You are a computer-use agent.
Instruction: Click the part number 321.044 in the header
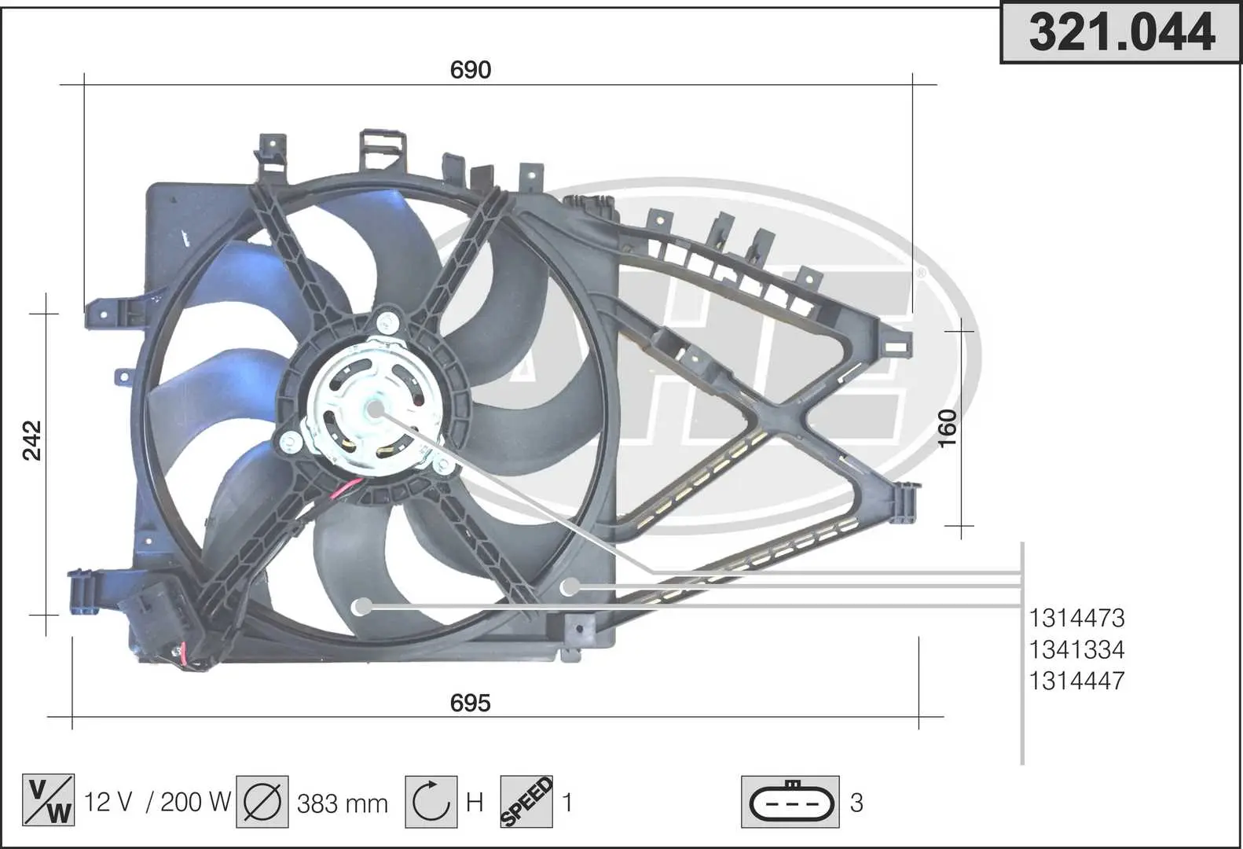pos(1122,33)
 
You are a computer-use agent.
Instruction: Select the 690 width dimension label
pos(471,70)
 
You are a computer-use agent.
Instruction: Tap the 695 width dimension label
pos(471,703)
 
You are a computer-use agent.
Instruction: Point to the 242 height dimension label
pos(32,440)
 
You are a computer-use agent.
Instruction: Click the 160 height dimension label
pos(948,428)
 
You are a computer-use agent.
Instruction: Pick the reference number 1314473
pos(1076,618)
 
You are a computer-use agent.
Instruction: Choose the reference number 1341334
pos(1076,649)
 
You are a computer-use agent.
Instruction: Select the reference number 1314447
pos(1076,681)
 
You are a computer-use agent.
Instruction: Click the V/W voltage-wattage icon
pos(48,800)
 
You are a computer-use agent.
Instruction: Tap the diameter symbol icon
pos(262,801)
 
